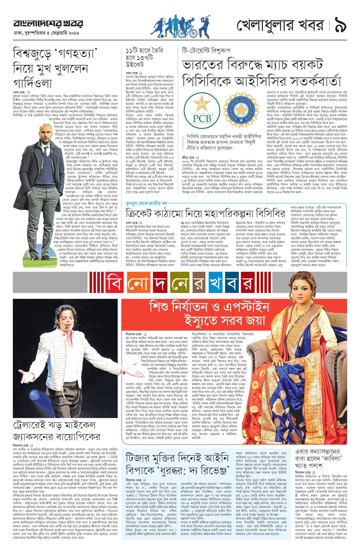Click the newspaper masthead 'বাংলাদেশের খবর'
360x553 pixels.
tap(48, 23)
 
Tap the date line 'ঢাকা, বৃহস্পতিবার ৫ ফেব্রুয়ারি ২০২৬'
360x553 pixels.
tap(46, 33)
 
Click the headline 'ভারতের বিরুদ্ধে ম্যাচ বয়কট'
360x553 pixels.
tap(252, 65)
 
